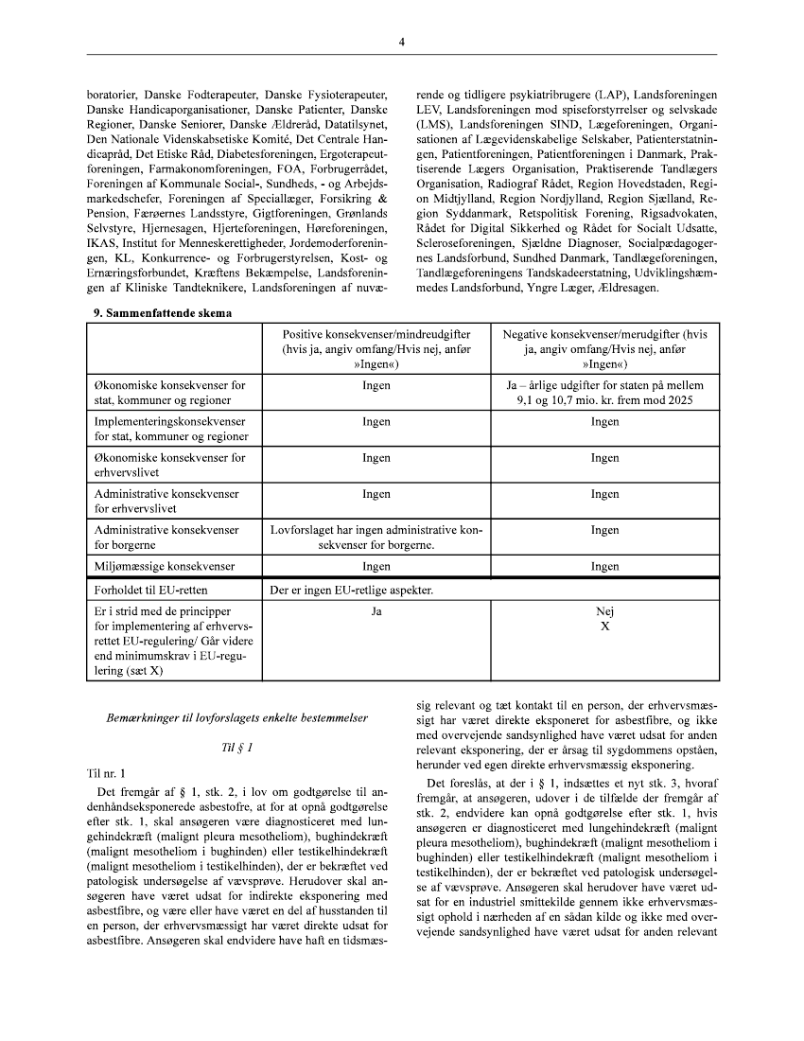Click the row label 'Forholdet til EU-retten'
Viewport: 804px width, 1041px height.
point(150,591)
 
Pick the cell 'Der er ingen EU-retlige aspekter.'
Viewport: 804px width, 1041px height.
point(351,591)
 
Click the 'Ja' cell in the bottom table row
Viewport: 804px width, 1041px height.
point(376,612)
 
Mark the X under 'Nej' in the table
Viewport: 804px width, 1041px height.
point(604,626)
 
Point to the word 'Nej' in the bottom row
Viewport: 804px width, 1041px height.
point(604,612)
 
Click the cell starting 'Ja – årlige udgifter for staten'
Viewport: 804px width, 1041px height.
point(604,394)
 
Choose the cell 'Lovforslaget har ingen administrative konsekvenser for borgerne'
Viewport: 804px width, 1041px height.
point(376,538)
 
